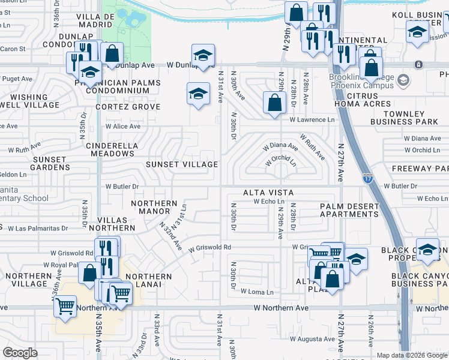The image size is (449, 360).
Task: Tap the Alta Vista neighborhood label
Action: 268,193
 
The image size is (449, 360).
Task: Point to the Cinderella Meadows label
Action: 112,149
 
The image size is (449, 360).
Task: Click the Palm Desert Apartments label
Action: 349,210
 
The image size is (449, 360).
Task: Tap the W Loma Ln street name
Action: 257,292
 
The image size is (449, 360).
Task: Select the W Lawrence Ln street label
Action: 312,120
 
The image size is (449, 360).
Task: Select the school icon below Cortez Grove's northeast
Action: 198,94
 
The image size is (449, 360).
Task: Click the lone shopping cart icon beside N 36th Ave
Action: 65,306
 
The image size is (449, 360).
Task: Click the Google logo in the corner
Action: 20,353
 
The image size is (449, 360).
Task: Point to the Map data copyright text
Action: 412,355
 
